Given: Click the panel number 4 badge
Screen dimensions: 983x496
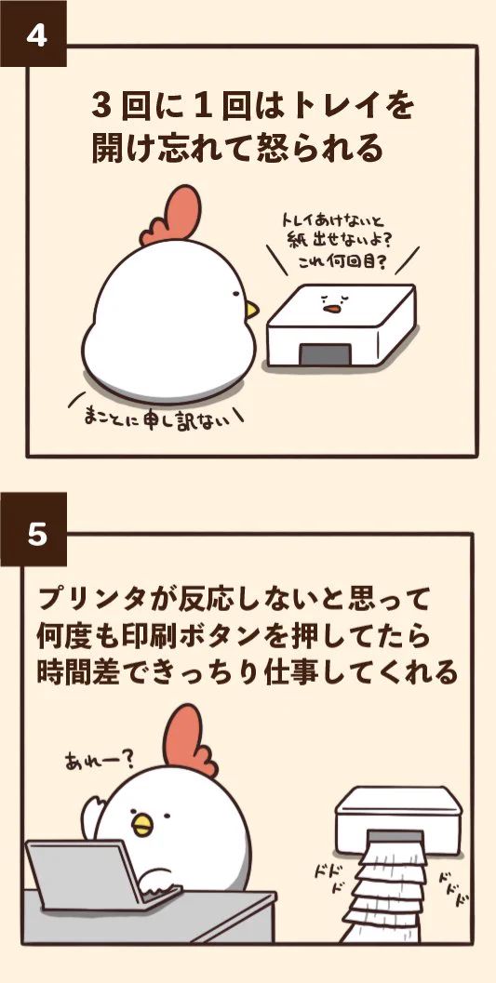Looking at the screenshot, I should [x=35, y=34].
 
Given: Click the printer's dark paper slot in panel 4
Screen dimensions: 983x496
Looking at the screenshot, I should [x=324, y=355].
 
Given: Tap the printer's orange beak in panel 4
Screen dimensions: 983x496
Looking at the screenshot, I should [x=331, y=309].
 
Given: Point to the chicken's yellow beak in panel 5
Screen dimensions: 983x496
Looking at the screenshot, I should [x=141, y=822].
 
